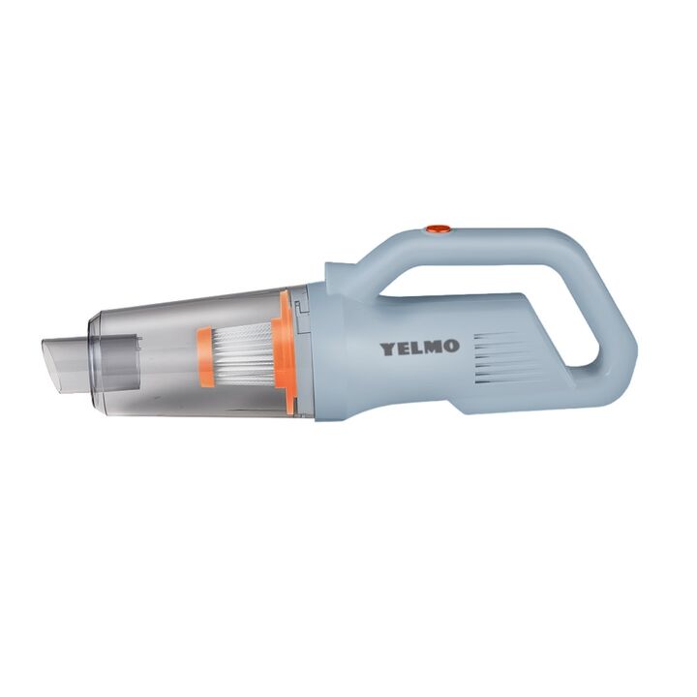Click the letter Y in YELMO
(386, 348)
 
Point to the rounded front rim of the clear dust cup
(94, 353)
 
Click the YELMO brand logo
(418, 348)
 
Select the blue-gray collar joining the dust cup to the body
(325, 353)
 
